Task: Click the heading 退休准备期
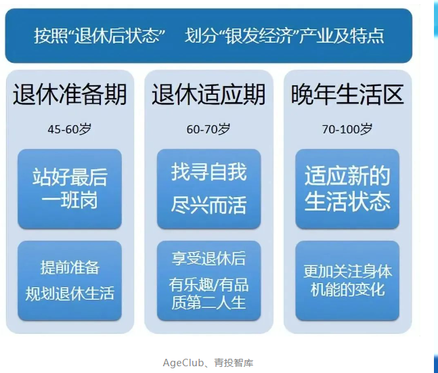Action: (70, 95)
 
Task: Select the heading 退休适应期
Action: (209, 95)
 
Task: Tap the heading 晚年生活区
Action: (347, 95)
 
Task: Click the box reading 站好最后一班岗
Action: (70, 189)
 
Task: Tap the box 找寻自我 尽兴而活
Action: (209, 189)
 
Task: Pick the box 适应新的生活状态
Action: (347, 189)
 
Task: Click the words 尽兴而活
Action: (209, 205)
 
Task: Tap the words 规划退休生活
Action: (70, 293)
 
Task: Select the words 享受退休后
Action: (209, 259)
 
